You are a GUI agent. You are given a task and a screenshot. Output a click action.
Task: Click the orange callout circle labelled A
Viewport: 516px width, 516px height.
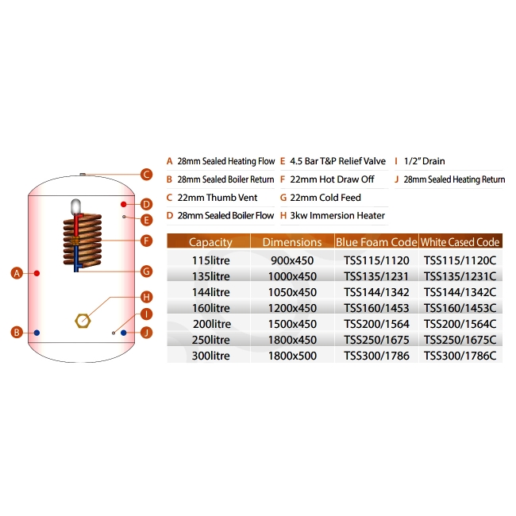click(16, 273)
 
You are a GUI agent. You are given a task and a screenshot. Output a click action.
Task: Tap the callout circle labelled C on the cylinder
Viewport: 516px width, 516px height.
click(146, 175)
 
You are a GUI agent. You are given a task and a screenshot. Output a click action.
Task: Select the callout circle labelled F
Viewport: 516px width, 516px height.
click(146, 241)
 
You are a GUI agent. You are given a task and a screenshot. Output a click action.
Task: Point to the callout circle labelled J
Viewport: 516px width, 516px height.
click(146, 332)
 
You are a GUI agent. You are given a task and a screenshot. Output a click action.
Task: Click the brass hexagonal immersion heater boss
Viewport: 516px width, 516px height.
click(80, 322)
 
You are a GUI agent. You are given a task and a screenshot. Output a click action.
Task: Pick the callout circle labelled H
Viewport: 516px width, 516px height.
click(146, 297)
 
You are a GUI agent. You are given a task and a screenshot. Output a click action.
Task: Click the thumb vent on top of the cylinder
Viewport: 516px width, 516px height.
click(82, 173)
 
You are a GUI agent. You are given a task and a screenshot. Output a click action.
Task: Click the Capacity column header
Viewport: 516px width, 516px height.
click(210, 242)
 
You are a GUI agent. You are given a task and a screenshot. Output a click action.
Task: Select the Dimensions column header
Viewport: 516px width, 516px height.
click(292, 242)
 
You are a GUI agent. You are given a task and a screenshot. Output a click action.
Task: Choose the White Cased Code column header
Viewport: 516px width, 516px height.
click(460, 242)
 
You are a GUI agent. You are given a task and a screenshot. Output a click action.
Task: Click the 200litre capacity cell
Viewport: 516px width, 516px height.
click(210, 324)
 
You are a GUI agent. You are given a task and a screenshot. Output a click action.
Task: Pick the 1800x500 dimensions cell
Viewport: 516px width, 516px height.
click(292, 356)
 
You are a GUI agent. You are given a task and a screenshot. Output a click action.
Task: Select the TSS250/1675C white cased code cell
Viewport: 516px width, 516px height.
click(460, 340)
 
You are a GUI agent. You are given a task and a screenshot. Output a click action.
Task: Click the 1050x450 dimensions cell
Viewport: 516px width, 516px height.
click(292, 292)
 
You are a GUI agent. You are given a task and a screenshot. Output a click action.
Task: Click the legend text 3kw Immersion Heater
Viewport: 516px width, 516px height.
click(337, 216)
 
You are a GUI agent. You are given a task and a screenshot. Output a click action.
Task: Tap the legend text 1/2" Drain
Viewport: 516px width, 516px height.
click(429, 161)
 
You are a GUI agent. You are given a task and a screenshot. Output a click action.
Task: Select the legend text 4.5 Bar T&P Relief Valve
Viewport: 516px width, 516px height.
click(337, 161)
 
